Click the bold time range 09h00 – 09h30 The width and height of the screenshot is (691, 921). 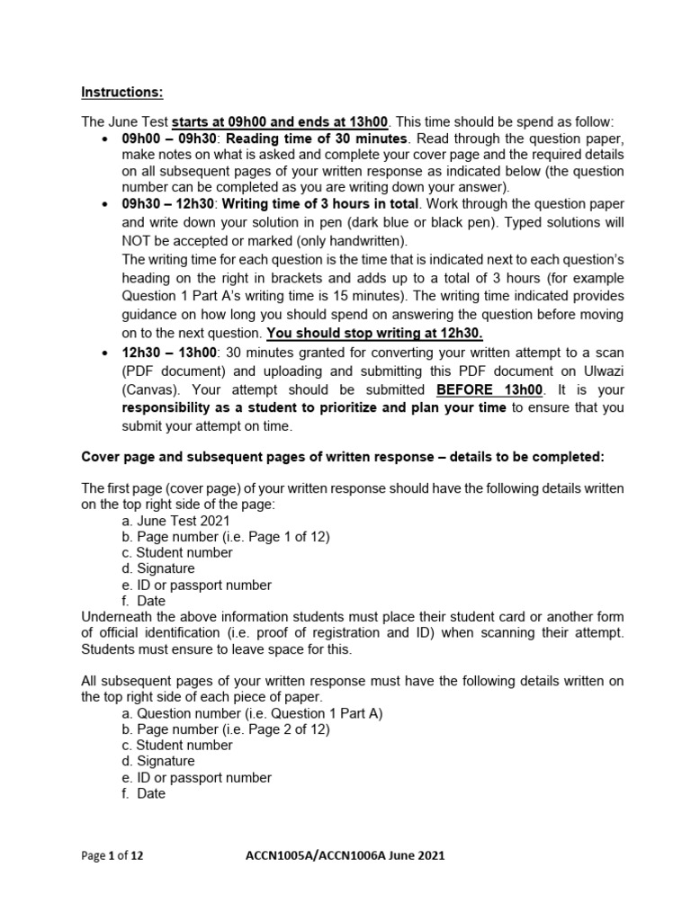click(x=163, y=139)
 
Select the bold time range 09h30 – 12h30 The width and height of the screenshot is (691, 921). click(x=163, y=204)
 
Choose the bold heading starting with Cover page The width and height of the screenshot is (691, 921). click(x=343, y=457)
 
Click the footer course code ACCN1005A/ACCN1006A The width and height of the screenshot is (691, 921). click(x=316, y=856)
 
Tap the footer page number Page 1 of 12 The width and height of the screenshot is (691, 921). click(x=112, y=856)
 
